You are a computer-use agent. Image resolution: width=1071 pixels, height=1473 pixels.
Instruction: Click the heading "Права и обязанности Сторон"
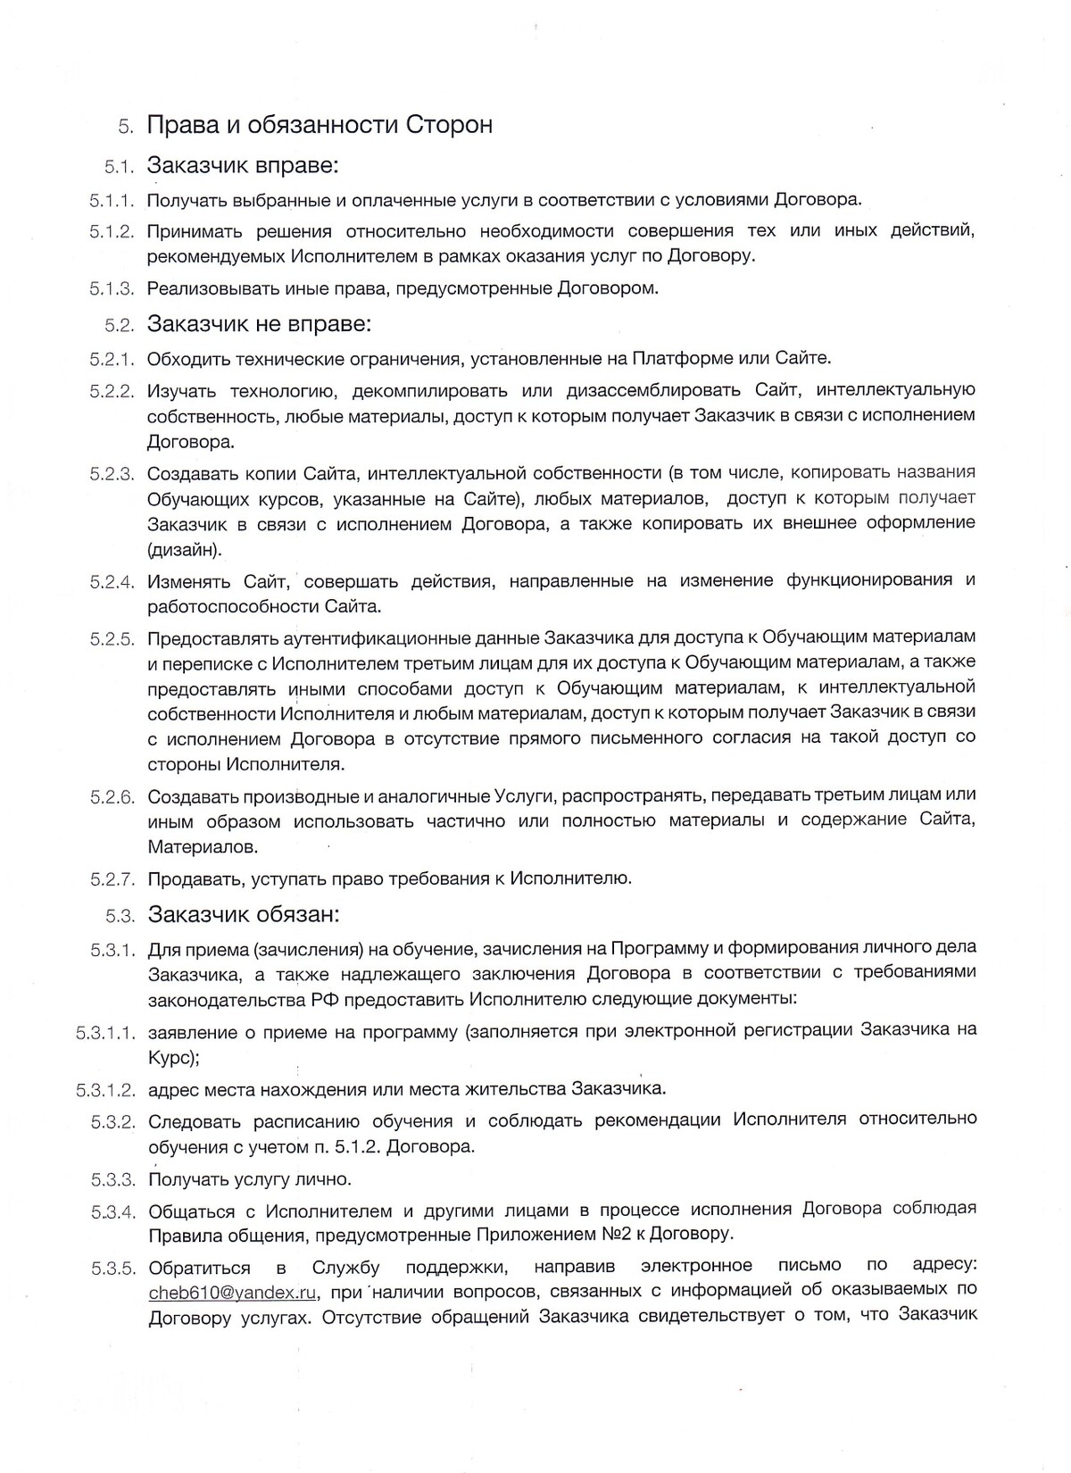click(x=320, y=125)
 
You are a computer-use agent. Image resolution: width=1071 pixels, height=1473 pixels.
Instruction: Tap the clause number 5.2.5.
click(x=112, y=638)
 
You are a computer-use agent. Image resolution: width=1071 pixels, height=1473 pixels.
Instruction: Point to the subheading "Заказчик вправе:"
click(x=243, y=166)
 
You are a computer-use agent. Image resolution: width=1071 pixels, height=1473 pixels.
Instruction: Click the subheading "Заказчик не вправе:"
click(x=259, y=323)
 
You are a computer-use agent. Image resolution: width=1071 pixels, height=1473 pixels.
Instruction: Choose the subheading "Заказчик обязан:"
click(x=244, y=915)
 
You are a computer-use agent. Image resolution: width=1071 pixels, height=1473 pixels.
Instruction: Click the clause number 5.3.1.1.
click(x=105, y=1033)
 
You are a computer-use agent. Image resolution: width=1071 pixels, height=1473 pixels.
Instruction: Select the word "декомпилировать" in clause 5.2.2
click(x=422, y=390)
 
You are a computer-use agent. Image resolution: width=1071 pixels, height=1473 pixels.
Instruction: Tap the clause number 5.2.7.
click(x=112, y=879)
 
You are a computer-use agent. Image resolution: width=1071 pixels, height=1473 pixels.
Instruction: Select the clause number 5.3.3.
click(x=112, y=1180)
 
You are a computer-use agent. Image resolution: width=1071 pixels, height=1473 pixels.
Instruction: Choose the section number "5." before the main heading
click(x=126, y=127)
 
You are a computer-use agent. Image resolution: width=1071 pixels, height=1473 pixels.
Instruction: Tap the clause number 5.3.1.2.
click(x=105, y=1090)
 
